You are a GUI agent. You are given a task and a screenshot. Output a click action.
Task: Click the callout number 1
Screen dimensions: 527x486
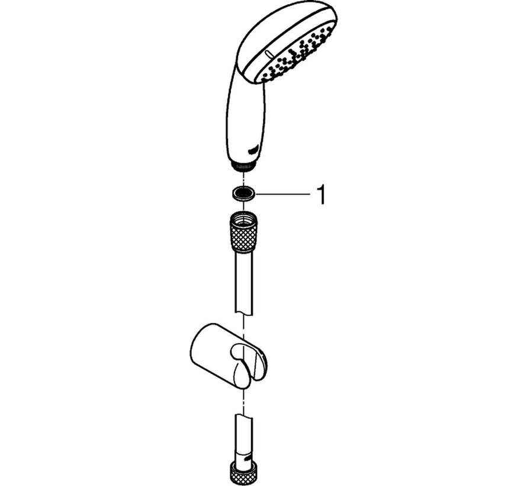(322, 195)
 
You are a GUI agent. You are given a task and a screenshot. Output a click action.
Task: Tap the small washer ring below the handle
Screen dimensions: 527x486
(242, 193)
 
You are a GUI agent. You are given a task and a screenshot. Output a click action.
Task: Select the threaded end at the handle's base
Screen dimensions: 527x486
(242, 167)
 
